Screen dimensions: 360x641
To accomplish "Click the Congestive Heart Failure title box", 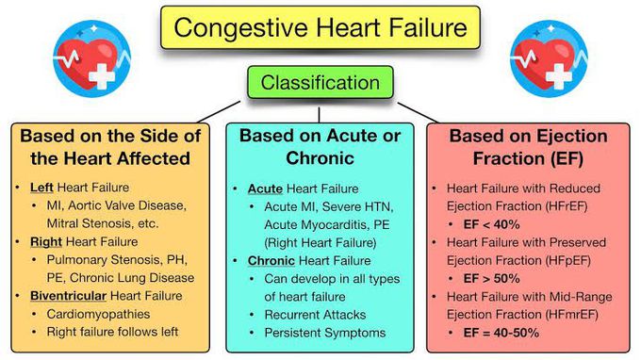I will point(320,28).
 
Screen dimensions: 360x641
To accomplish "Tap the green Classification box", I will point(320,83).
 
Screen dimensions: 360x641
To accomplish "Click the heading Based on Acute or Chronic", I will point(320,149).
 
